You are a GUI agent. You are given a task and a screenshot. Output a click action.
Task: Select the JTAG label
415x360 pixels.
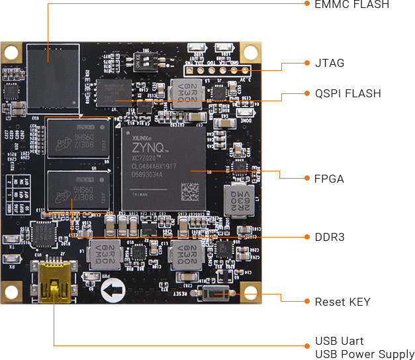[330, 64]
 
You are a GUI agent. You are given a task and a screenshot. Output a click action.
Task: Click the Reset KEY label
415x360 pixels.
[342, 302]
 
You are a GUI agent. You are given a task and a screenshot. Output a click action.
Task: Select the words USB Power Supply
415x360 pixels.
[365, 355]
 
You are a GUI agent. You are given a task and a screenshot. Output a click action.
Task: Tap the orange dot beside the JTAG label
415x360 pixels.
[306, 64]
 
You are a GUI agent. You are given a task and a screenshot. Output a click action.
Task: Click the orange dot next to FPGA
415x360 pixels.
[306, 178]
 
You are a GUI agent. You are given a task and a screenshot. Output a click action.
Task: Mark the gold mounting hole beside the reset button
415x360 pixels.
[250, 292]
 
